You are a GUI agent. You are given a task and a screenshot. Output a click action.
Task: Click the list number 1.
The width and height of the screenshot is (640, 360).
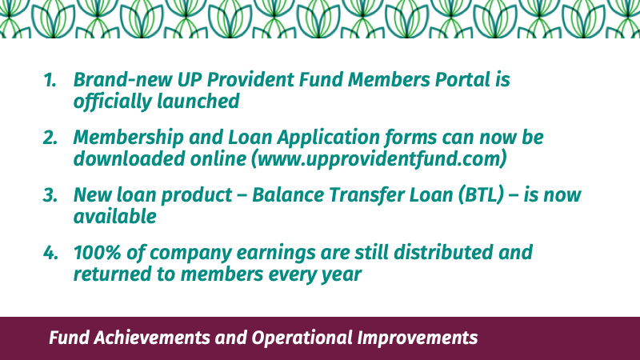pos(50,79)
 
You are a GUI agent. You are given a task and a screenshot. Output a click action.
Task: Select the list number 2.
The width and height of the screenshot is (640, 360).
pos(50,138)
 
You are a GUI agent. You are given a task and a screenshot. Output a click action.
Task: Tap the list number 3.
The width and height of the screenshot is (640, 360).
pos(50,195)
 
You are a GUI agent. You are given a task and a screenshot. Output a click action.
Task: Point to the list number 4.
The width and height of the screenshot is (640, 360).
pos(50,253)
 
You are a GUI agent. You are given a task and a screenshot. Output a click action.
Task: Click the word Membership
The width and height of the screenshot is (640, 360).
pos(129,138)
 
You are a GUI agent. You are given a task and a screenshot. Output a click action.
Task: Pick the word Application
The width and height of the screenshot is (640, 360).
pos(329,138)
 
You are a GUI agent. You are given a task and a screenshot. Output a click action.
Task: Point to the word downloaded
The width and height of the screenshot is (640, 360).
pos(129,158)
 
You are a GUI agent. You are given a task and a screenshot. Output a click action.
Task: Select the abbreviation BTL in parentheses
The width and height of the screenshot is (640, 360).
pos(481,194)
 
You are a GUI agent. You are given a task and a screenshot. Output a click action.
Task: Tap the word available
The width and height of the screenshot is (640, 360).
pos(114,216)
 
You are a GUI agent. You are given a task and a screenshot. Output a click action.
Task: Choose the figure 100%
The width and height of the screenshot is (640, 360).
pos(97,253)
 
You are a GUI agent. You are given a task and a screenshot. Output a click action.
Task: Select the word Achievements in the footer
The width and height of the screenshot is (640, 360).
pos(150,338)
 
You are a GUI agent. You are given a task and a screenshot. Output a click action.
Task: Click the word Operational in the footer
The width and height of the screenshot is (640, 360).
pos(302,338)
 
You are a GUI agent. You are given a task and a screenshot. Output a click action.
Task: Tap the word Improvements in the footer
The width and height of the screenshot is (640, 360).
pos(417,338)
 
